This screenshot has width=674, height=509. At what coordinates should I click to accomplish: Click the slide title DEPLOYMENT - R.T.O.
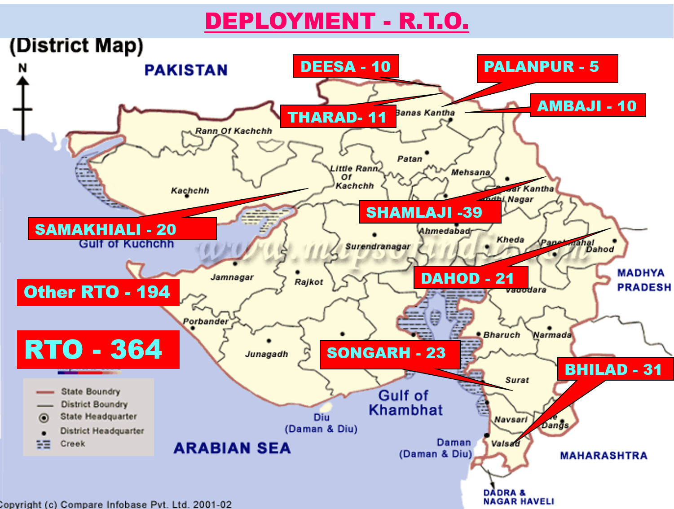click(337, 21)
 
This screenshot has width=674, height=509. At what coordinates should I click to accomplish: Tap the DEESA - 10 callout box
click(345, 66)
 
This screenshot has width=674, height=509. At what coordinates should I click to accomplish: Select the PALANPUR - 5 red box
click(546, 68)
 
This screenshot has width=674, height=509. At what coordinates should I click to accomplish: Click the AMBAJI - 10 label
click(587, 105)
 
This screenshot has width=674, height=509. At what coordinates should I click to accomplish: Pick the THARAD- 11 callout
click(338, 117)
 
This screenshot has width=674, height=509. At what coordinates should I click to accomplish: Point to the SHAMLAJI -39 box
click(429, 212)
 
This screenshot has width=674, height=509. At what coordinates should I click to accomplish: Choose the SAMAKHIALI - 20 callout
click(122, 229)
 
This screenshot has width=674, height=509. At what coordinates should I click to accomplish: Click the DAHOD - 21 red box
click(470, 278)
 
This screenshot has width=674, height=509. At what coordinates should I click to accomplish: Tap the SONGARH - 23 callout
click(389, 354)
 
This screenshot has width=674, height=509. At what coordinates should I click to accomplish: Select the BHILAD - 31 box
click(614, 369)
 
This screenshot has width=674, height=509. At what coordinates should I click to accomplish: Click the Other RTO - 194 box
click(98, 292)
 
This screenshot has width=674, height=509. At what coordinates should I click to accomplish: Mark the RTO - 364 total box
click(98, 350)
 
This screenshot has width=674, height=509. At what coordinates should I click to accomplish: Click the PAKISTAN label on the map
click(186, 70)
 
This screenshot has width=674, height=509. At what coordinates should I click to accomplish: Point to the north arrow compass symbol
click(23, 103)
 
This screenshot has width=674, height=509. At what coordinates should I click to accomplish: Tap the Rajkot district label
click(308, 282)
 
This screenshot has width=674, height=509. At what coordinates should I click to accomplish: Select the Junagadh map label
click(266, 354)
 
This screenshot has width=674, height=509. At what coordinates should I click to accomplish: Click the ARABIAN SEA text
click(232, 448)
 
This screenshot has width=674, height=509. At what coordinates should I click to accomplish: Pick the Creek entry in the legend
click(72, 443)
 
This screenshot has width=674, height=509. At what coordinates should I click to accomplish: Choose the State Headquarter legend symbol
click(44, 418)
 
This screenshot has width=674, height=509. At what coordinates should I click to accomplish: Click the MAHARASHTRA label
click(603, 456)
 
